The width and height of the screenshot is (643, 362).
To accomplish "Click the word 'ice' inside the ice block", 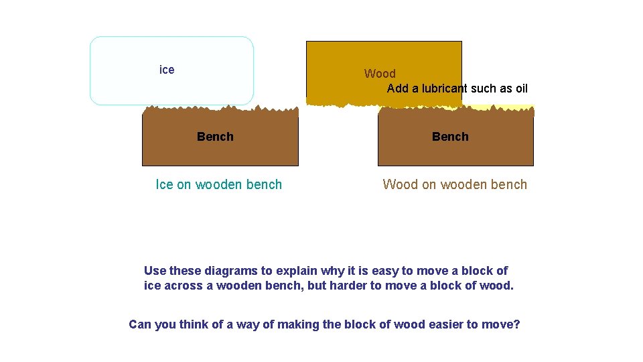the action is point(167,70).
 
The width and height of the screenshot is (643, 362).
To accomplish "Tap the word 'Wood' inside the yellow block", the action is point(380,74).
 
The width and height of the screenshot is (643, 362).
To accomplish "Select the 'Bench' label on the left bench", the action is point(215,137).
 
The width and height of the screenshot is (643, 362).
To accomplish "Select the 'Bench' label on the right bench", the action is point(450,137).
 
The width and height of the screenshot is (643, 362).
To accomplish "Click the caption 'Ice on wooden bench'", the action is point(219,184).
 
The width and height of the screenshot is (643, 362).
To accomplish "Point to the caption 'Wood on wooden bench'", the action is point(455,184).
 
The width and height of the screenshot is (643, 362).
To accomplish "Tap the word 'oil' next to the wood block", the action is point(520,88).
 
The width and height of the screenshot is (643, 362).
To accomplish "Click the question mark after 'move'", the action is point(516,324).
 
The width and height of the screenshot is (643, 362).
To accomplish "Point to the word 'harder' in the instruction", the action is point(347,286).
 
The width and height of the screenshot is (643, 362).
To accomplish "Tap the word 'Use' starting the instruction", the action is point(155,271).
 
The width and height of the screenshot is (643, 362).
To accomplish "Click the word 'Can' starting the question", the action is point(139,324).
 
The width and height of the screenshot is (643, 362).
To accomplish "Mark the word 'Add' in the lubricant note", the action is point(398,88).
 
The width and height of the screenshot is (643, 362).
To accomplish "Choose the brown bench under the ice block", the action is point(220,151).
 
